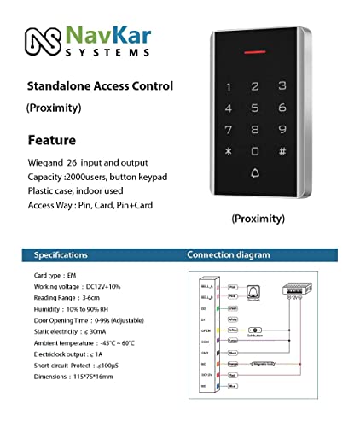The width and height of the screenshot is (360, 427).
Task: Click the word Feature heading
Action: pos(52,139)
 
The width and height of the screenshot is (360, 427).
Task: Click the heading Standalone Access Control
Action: pos(100,86)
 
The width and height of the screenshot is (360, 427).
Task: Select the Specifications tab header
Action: pos(60,254)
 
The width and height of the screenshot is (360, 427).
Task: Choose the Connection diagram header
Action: pos(228,254)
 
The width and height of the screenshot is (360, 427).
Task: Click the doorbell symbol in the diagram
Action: pos(253,291)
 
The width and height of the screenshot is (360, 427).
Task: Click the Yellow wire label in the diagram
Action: pos(232,328)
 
